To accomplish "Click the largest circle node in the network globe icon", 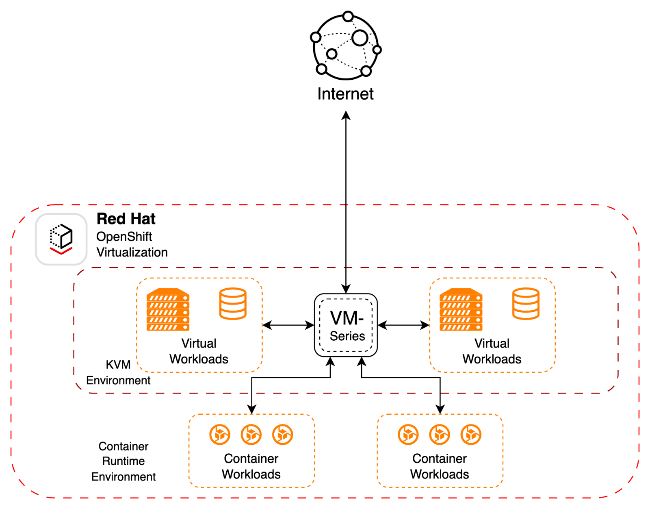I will click(360, 38).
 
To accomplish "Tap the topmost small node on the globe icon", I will click(348, 16).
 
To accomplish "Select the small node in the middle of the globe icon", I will click(332, 54).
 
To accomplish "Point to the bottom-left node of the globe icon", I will click(321, 69).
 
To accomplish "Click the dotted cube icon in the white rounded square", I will click(61, 235).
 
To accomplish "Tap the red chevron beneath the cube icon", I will click(61, 250).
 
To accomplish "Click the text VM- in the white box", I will click(347, 318).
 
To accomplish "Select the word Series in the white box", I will click(347, 336).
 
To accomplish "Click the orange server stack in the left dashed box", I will click(168, 309).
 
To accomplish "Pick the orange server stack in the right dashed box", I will click(461, 309).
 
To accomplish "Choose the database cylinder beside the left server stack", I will click(233, 304).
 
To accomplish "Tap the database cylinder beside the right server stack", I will click(526, 304).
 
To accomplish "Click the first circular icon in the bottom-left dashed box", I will click(220, 435).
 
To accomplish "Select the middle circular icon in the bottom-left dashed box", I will click(251, 435).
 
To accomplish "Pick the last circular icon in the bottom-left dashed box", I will click(283, 435).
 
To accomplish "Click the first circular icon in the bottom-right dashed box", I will click(408, 435).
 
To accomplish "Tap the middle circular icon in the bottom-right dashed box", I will click(440, 435).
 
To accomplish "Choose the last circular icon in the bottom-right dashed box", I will click(471, 435).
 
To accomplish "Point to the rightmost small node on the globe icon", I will click(377, 50).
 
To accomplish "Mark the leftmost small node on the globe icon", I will click(316, 37).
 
